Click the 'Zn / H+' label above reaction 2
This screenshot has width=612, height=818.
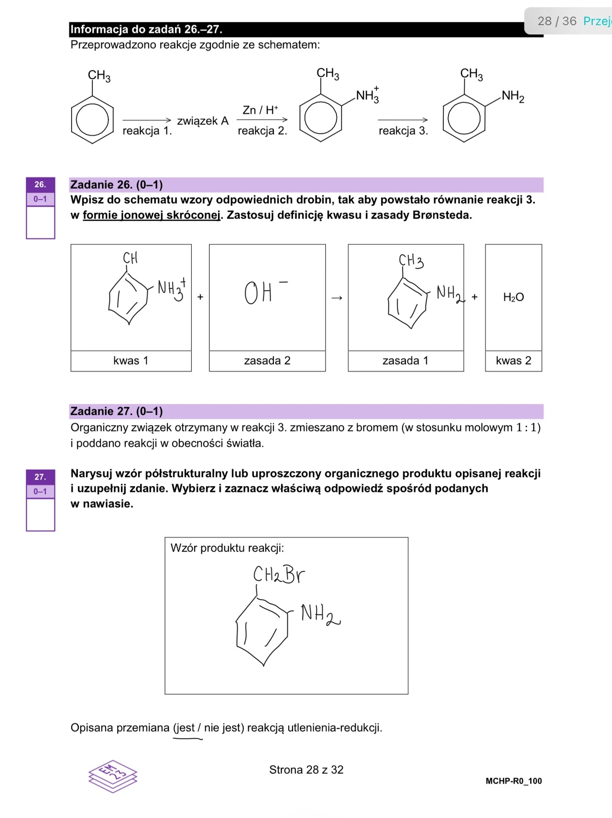coord(260,110)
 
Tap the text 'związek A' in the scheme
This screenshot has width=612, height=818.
coord(203,121)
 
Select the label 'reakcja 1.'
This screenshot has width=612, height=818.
coord(147,131)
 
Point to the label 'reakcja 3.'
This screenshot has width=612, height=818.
coord(403,131)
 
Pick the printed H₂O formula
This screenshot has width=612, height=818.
coord(514,297)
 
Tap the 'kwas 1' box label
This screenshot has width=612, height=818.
coord(131,361)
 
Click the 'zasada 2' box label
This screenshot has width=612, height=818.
coord(267,361)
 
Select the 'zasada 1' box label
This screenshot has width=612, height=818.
coord(405,361)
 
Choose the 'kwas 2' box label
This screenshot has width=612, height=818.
coord(514,361)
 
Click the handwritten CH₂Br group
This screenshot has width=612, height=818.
coord(279,574)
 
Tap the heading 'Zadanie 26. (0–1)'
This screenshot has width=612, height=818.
coord(117,185)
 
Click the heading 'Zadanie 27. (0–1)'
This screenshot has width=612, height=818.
coord(117,412)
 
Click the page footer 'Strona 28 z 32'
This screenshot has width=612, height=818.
coord(306,770)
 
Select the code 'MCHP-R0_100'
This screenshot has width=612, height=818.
coord(514,781)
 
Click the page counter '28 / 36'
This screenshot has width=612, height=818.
coord(557,21)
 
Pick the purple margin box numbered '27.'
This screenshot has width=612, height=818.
coord(40,477)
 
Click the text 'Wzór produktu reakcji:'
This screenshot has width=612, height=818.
coord(227,548)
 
